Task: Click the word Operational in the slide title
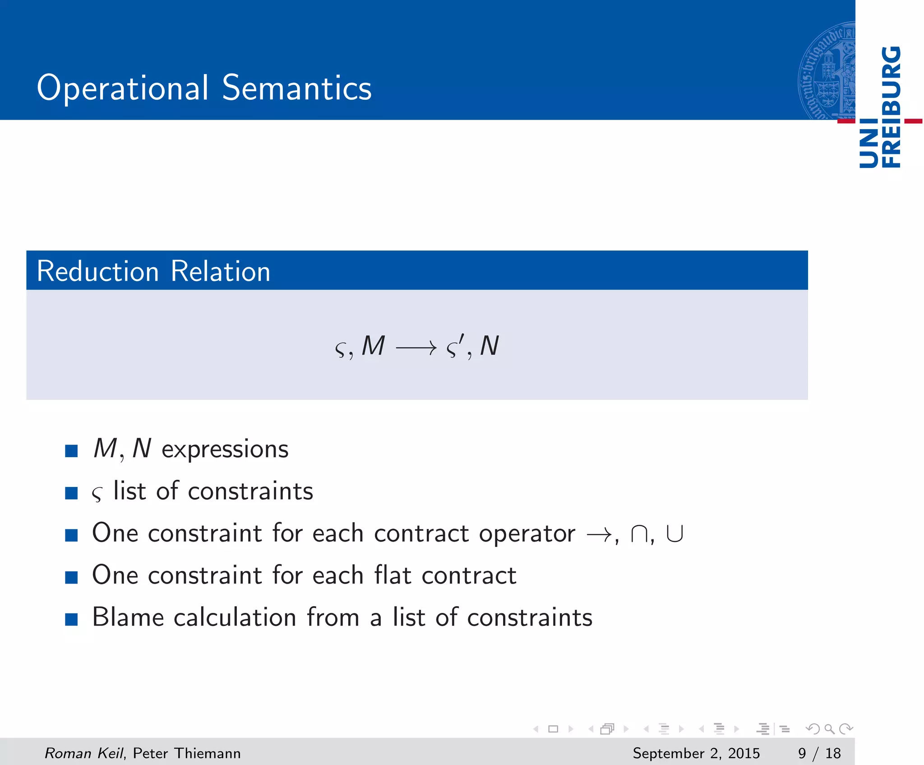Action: [122, 88]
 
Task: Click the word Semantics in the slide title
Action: [297, 88]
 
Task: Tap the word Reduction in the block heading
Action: [97, 271]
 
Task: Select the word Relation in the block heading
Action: [221, 271]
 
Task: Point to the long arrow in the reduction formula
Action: [416, 348]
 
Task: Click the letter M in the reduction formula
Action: [374, 346]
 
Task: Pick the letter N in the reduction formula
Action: [490, 346]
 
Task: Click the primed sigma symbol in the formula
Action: [454, 347]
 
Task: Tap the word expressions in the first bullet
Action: [225, 450]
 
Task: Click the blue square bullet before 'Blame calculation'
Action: [71, 619]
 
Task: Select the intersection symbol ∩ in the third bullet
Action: [639, 534]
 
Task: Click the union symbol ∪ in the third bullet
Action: [675, 534]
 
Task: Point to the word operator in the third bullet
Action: [527, 534]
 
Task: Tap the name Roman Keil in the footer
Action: [84, 753]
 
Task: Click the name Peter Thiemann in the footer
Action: [187, 753]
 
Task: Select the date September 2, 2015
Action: [696, 753]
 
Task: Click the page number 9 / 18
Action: [819, 753]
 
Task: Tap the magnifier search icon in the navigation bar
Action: [829, 729]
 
